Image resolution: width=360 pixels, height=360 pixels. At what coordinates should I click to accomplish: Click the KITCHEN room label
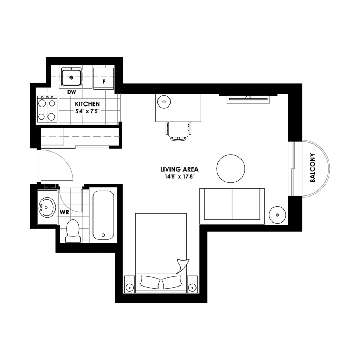pos(88,104)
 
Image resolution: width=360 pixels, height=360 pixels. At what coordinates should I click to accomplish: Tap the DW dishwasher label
pos(72,92)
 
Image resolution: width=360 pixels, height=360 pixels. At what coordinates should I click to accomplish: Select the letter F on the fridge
pos(104,82)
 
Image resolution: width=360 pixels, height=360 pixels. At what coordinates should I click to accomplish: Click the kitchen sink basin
pos(72,77)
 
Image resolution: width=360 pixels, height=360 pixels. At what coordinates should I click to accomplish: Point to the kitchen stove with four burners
pos(47,109)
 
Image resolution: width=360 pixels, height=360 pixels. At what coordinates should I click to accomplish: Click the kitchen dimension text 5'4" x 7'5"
pos(88,111)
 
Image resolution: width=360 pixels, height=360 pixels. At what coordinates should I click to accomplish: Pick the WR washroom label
pos(64,212)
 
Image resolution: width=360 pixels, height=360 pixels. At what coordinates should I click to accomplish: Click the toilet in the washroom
pos(73,231)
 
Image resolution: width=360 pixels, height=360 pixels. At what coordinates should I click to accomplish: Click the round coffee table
pos(231,169)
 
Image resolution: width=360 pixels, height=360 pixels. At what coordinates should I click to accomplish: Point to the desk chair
pos(179,131)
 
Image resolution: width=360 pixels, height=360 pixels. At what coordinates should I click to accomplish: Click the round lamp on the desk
pos(164,102)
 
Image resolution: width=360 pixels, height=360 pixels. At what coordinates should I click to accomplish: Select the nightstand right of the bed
pos(192,284)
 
